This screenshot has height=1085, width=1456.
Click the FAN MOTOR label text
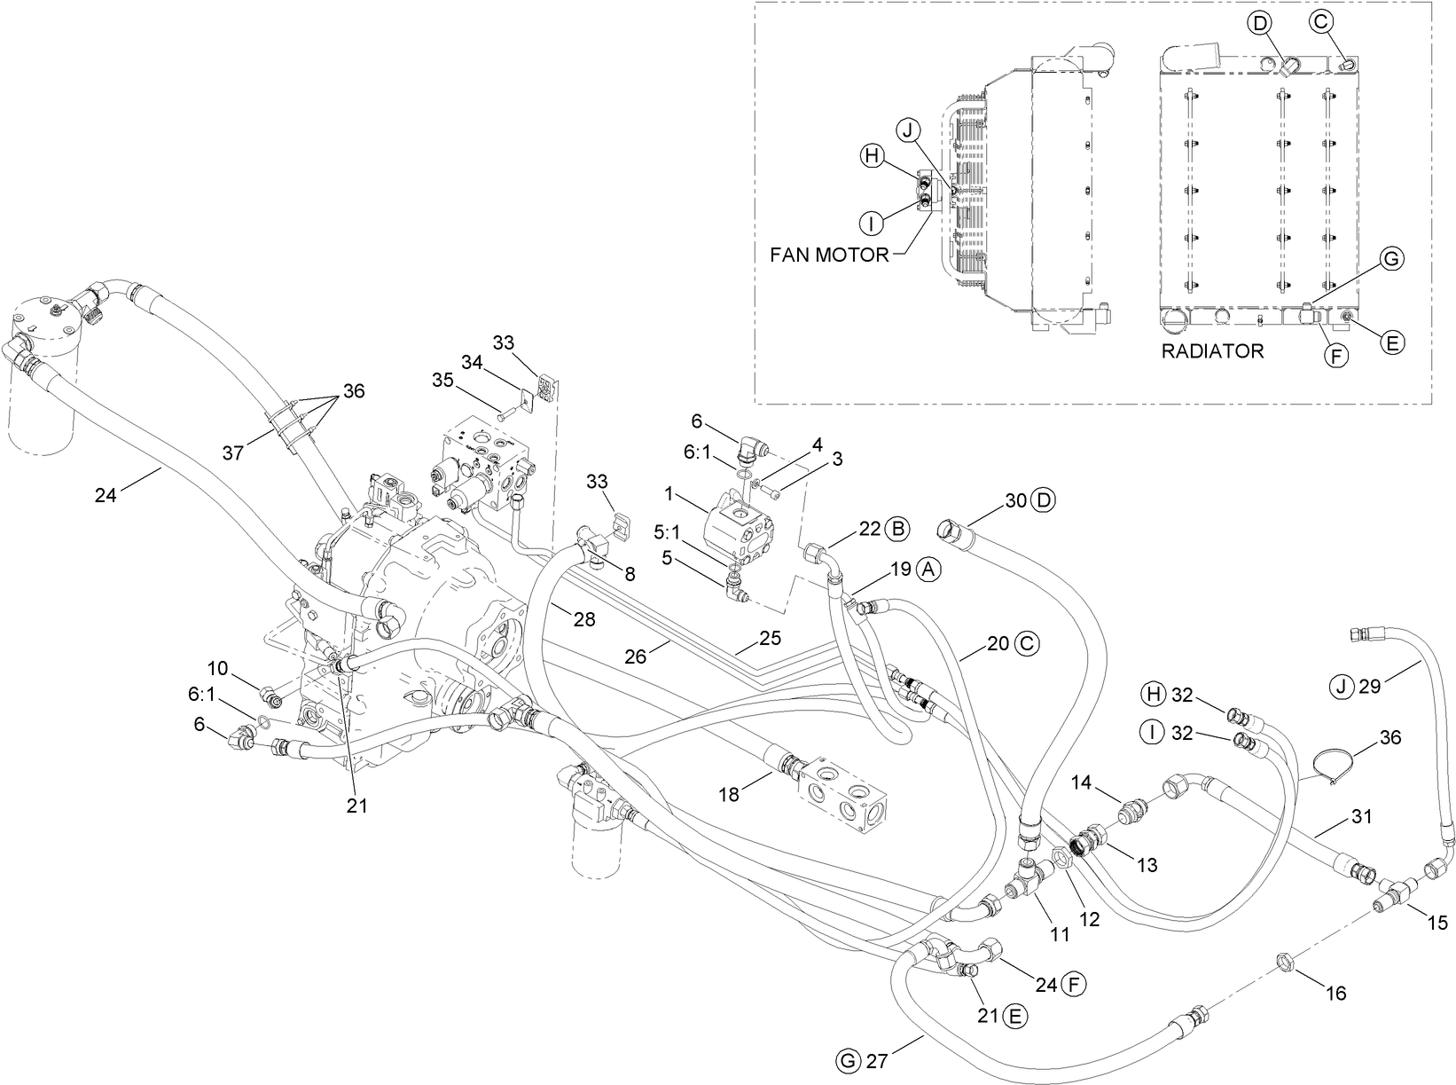828,256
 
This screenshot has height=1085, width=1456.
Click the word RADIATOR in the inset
1212,351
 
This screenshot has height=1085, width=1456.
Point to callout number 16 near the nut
1335,993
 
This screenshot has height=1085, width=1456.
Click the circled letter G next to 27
849,1059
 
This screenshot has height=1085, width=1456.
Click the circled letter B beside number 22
897,530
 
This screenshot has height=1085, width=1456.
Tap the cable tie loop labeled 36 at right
1330,764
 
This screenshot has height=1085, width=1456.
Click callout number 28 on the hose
583,619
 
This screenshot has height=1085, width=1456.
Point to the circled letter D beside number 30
1044,500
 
